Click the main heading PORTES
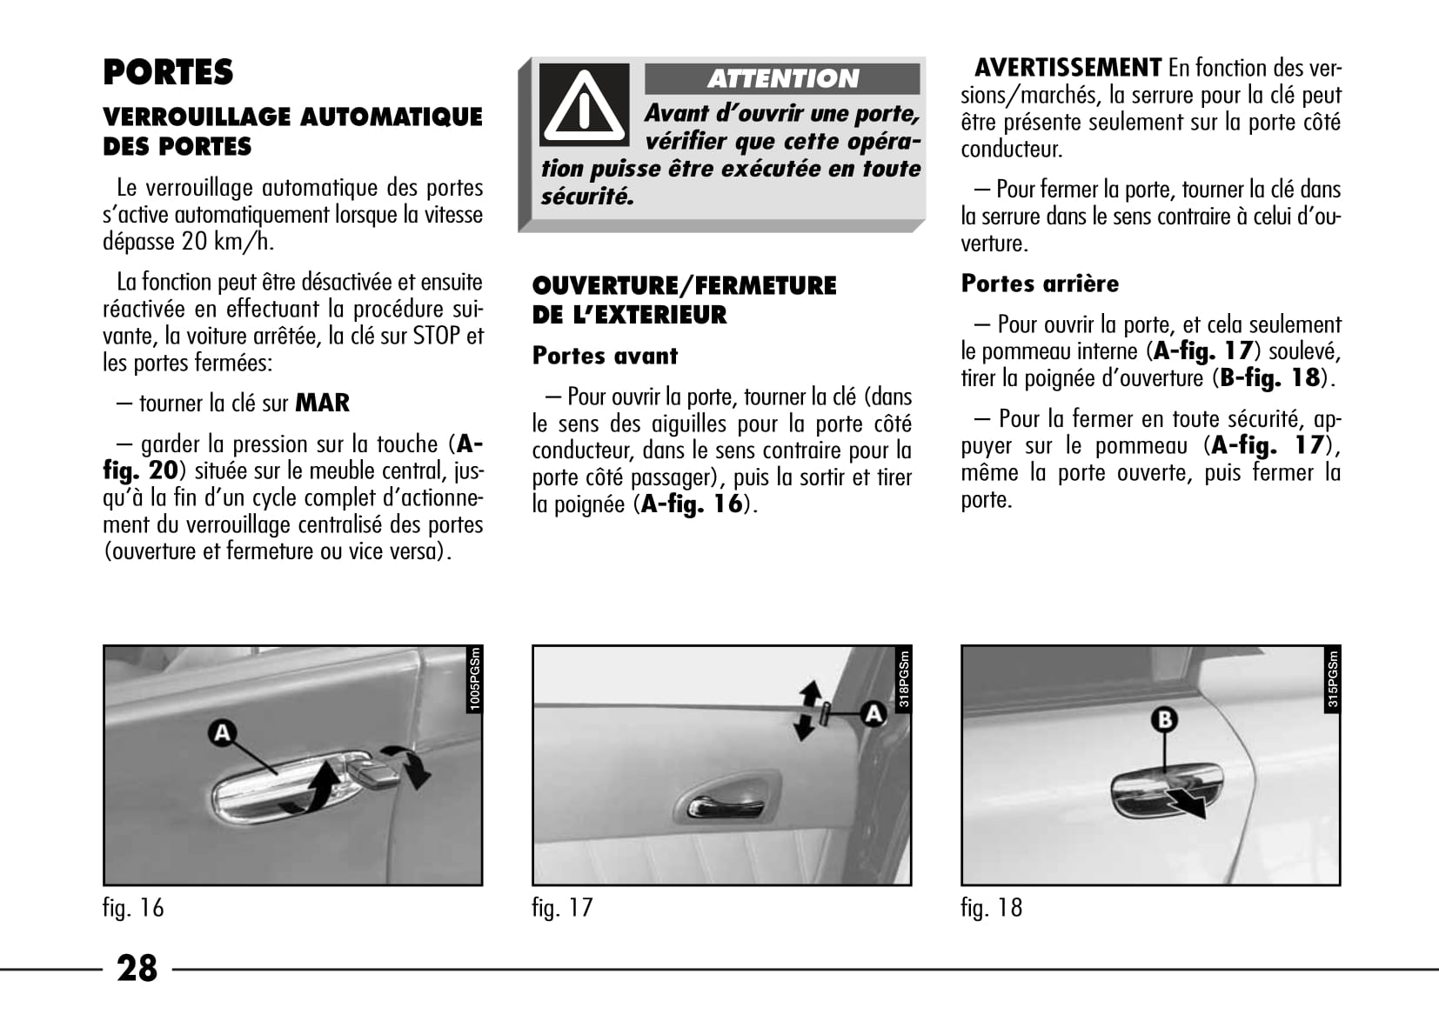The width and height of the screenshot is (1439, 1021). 168,72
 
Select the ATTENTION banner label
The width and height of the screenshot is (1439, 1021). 782,79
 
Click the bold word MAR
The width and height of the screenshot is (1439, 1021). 323,404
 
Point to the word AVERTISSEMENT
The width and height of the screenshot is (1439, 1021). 1068,68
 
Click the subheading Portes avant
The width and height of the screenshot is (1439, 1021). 605,356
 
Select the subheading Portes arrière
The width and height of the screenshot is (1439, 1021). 1040,284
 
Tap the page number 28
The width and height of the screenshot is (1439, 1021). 137,968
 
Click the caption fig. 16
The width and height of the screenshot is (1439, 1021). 133,908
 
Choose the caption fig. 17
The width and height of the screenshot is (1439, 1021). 562,908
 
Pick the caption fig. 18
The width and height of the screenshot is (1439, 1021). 991,908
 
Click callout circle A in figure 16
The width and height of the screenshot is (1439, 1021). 222,732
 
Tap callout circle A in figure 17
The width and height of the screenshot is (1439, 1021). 873,713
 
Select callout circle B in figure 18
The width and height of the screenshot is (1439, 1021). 1165,720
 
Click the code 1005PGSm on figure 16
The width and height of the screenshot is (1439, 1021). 475,679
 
